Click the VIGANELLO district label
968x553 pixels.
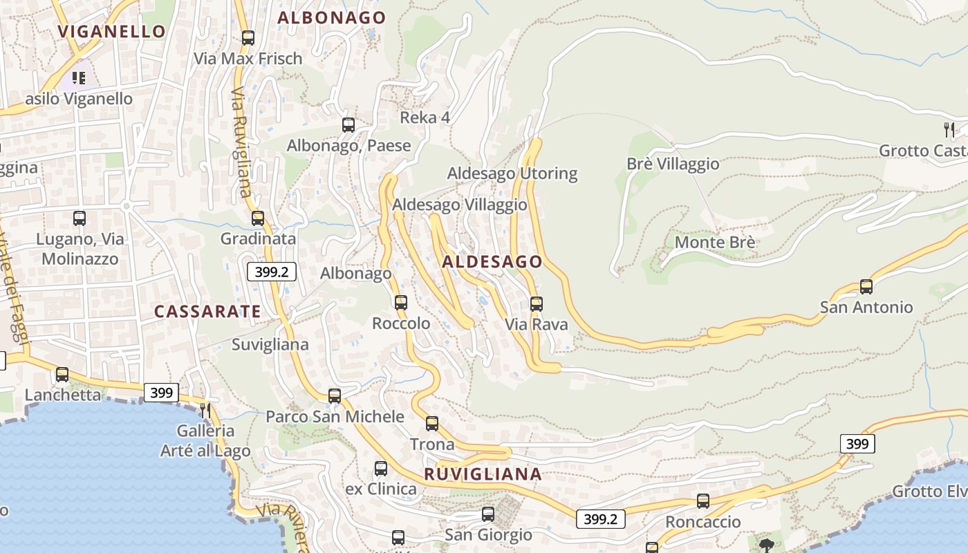click(x=111, y=31)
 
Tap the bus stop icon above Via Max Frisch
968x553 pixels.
click(x=248, y=38)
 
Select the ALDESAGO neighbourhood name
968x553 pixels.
click(x=492, y=262)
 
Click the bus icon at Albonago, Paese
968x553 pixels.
click(x=348, y=125)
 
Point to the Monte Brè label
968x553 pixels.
click(x=715, y=243)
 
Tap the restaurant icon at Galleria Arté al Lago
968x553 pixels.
click(x=205, y=410)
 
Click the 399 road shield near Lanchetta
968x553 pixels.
click(x=161, y=393)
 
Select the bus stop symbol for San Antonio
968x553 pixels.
click(x=866, y=286)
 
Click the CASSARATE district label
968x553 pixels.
click(x=207, y=312)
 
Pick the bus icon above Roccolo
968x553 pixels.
click(x=401, y=302)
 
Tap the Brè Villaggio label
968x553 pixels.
click(x=673, y=165)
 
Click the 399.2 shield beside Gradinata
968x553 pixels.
click(x=271, y=272)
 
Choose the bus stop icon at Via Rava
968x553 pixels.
click(x=536, y=303)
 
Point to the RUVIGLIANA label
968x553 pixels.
click(x=483, y=474)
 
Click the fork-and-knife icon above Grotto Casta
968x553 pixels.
click(x=949, y=129)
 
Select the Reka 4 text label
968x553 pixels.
click(x=425, y=118)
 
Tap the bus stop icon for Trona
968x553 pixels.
click(x=432, y=423)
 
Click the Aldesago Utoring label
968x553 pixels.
click(x=512, y=174)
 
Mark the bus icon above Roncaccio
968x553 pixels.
click(x=703, y=501)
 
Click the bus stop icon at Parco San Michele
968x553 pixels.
click(x=335, y=396)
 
